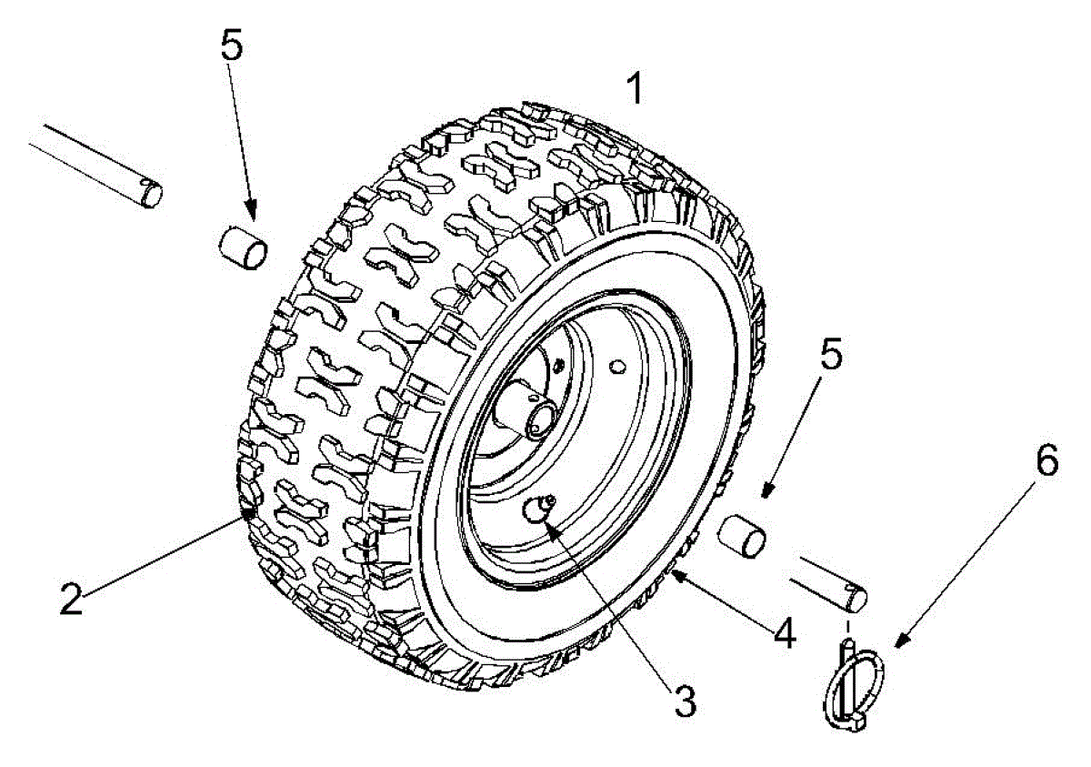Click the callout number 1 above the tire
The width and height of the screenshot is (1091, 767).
pos(635,88)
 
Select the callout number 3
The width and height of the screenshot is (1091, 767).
pos(684,701)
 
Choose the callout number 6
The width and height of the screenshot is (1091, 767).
pos(1046,461)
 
